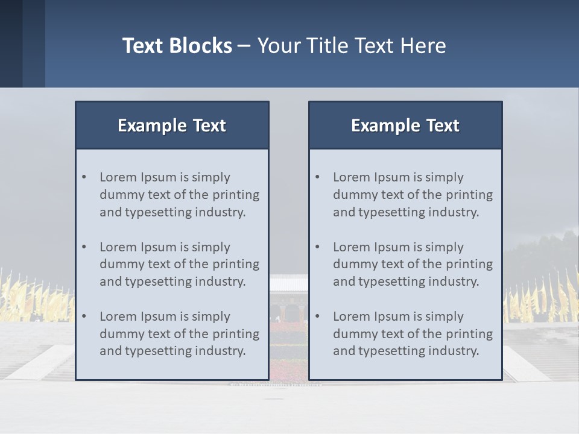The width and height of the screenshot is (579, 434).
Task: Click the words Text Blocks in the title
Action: point(177,46)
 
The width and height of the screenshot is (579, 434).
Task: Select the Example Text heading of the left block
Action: point(172,125)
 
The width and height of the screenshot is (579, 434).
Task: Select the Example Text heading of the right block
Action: point(405,125)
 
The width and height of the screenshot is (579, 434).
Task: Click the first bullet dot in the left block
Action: point(84,177)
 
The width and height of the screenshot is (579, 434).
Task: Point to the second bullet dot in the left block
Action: point(84,247)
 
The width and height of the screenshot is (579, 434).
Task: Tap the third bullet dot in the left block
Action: point(84,316)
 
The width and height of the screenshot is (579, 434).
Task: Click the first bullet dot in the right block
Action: point(318,177)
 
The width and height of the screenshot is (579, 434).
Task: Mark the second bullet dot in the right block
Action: point(318,247)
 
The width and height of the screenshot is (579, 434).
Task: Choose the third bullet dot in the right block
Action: point(318,316)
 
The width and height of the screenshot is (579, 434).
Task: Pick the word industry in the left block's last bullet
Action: point(220,351)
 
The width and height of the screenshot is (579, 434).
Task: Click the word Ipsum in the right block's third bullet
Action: point(393,316)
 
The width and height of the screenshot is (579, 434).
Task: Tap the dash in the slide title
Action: point(244,46)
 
